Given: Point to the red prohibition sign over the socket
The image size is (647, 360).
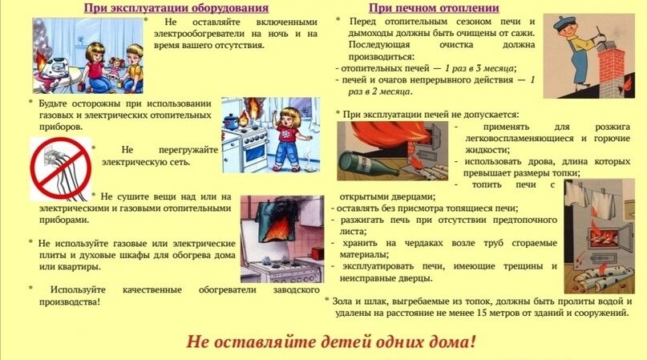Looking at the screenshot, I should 59,168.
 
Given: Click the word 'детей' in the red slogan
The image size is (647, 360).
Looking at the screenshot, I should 315,341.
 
